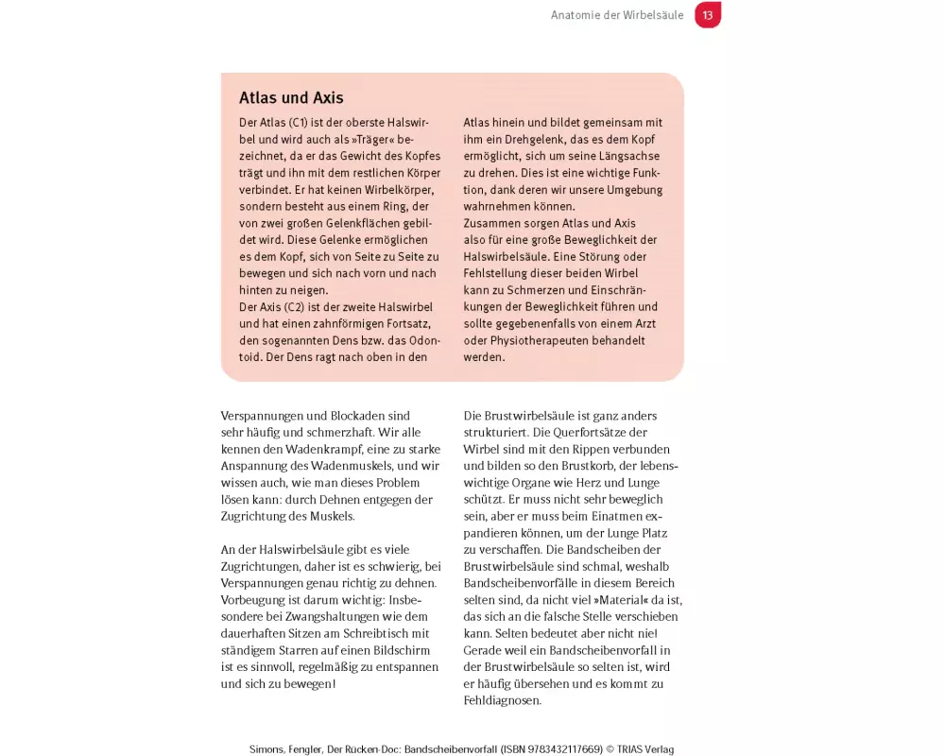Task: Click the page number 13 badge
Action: tap(708, 15)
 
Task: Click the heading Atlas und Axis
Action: tap(291, 98)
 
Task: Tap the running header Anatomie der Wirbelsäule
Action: tap(617, 15)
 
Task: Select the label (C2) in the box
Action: tap(294, 306)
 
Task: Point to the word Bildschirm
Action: tap(396, 650)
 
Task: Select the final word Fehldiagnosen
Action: tap(502, 700)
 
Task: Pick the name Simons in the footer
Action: tap(268, 749)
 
